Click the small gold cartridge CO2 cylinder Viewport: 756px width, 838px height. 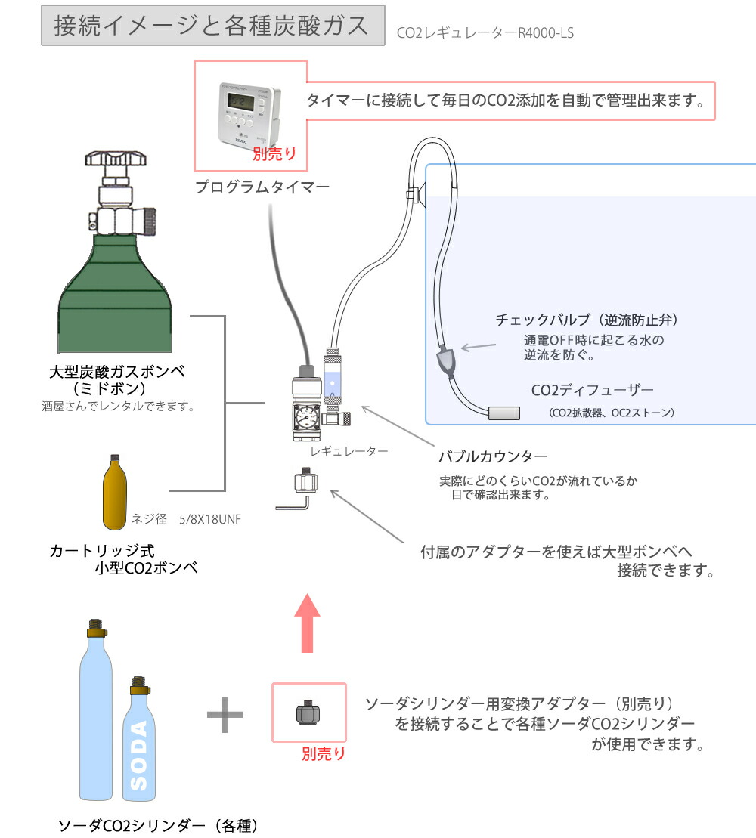click(x=114, y=493)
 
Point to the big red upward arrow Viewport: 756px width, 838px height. click(x=305, y=622)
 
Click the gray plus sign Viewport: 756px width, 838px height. click(x=225, y=713)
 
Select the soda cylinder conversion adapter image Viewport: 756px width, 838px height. click(x=308, y=713)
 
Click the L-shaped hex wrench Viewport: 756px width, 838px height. click(x=293, y=504)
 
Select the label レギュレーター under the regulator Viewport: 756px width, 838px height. click(x=349, y=451)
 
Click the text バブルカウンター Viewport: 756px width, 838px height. click(x=492, y=457)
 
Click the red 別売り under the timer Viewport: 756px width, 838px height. click(x=274, y=154)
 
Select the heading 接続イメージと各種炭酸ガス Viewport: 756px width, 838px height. click(x=212, y=26)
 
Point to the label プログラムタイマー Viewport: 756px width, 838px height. click(x=262, y=187)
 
